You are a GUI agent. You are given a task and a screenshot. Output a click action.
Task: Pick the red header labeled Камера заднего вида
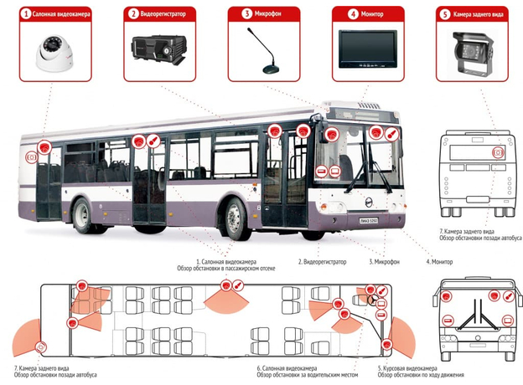[x=471, y=13]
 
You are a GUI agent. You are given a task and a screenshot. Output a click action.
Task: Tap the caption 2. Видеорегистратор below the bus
[x=323, y=262]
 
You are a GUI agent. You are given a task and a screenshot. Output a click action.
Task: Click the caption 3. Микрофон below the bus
[x=385, y=262]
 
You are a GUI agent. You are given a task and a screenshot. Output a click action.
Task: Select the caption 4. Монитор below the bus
[x=440, y=262]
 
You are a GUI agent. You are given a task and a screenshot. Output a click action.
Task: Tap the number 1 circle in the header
[x=27, y=13]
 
